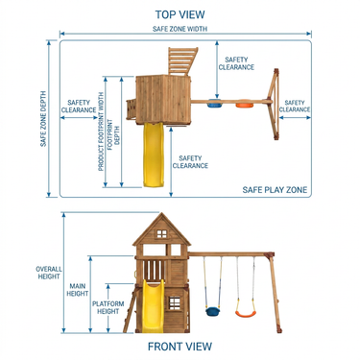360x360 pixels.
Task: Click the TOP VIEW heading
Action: pos(180,14)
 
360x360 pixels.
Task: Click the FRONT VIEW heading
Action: pos(180,347)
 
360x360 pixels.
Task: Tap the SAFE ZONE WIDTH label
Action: pos(180,29)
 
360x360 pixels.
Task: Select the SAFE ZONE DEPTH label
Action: pos(43,119)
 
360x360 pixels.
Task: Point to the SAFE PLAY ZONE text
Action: pos(275,190)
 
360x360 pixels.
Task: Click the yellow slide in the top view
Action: pos(154,155)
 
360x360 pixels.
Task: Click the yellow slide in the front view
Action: pos(153,306)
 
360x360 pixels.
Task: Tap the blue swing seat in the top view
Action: pos(215,104)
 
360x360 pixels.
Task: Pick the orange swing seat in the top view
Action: pos(244,104)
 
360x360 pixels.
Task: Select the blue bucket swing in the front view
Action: pos(212,311)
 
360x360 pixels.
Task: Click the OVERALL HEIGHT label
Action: pos(49,273)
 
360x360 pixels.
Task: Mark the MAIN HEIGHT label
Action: pos(78,290)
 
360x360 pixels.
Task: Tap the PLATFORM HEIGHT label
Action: pos(108,307)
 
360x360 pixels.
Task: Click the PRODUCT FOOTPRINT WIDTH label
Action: pos(101,132)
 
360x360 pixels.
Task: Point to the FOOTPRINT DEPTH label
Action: pos(113,132)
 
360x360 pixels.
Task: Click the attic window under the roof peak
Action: pos(161,233)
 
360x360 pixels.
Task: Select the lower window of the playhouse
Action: pos(175,303)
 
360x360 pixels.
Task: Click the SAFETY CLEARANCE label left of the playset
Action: pos(79,107)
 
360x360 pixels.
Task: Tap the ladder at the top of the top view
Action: pos(181,61)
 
